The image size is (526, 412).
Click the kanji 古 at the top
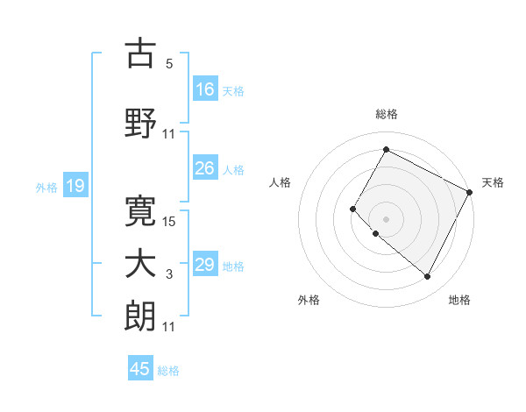pos(140,53)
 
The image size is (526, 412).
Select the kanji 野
pos(140,123)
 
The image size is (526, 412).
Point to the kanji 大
pos(140,265)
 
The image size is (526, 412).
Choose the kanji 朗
pos(140,316)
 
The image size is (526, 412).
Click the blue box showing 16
pos(205,89)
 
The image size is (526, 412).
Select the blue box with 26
pos(205,169)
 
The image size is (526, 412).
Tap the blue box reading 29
pos(205,265)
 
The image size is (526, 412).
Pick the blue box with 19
pos(75,186)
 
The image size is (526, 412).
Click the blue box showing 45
pos(140,369)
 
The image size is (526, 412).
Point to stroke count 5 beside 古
pos(168,64)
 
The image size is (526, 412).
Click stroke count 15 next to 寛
pos(170,221)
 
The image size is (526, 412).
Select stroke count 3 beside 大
pos(168,275)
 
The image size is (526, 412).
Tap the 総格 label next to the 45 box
pos(168,371)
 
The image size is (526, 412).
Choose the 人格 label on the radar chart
pos(281,182)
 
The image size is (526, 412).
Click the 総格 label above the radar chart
pos(386,114)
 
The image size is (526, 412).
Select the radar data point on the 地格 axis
pos(427,277)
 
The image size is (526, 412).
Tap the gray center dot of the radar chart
pos(386,218)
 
